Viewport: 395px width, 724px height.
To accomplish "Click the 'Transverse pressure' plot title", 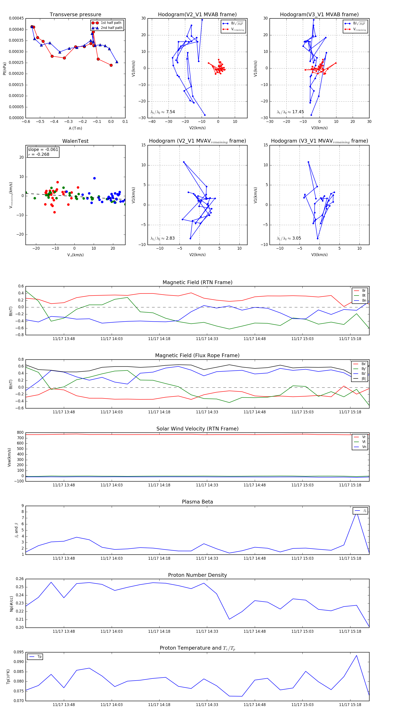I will click(75, 15).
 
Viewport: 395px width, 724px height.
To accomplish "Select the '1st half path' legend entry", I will click(111, 23).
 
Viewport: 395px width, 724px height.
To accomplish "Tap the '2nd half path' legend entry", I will click(111, 28).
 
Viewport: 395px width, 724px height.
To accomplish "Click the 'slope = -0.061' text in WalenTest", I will click(43, 150).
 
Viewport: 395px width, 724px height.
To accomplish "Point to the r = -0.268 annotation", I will click(39, 154).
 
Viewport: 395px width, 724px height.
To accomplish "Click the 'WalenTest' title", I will click(75, 141).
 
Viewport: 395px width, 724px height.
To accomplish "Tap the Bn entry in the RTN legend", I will click(364, 300).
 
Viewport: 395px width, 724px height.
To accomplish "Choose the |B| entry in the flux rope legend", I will click(363, 379).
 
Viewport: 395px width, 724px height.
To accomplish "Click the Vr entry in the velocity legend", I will click(364, 437).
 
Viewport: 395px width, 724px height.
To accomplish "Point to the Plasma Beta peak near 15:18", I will click(356, 513).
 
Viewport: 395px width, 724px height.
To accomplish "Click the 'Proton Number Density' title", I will click(197, 575).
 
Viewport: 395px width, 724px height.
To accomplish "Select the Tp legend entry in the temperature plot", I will click(39, 657).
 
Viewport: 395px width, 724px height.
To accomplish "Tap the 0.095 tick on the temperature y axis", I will click(19, 652).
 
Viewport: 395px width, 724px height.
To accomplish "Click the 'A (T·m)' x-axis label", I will click(75, 128).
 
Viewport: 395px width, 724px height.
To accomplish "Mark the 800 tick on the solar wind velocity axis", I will click(20, 433).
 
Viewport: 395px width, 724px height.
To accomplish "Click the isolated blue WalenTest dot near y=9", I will click(94, 178).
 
